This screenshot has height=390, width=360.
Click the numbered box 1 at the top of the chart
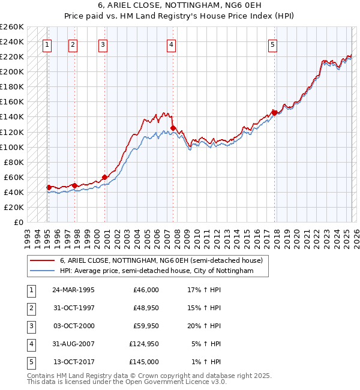point(47,44)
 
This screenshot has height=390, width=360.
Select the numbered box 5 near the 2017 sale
point(272,44)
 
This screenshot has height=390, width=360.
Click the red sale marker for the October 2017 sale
point(274,112)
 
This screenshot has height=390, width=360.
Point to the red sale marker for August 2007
point(173,128)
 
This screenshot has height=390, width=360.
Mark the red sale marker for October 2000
point(104,176)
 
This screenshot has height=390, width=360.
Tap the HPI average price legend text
point(157,271)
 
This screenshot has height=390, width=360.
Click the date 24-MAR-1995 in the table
point(73,290)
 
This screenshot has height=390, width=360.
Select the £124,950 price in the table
point(144,344)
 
